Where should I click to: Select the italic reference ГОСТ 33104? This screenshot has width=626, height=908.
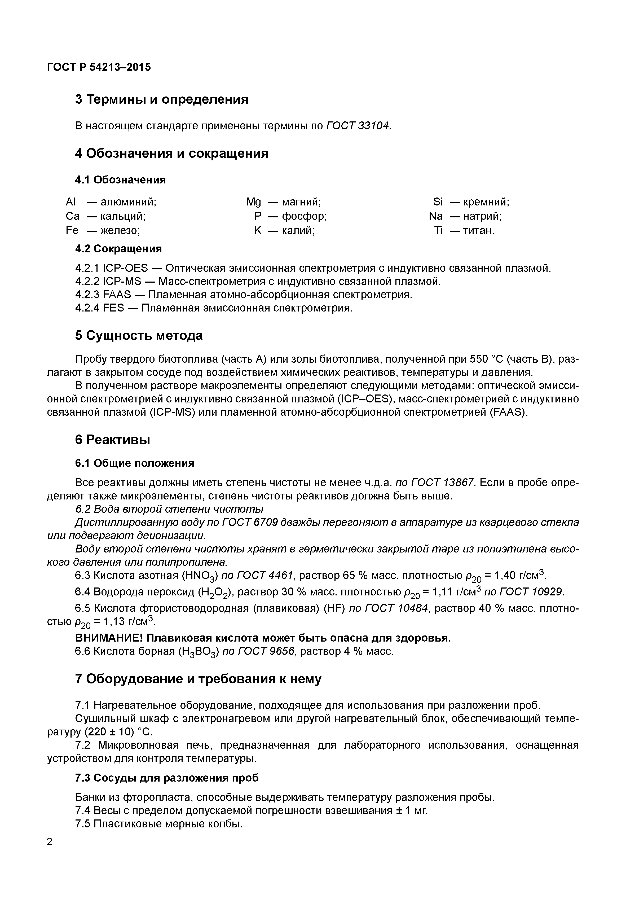(358, 126)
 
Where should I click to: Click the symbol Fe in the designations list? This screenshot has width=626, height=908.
(72, 230)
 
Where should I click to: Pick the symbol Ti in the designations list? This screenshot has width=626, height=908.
(438, 230)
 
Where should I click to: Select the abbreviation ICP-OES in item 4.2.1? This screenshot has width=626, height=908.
(125, 268)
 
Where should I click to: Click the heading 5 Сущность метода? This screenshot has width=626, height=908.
(139, 336)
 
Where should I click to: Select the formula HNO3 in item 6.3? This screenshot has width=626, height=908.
(199, 576)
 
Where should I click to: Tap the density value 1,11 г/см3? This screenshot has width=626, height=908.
(457, 592)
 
